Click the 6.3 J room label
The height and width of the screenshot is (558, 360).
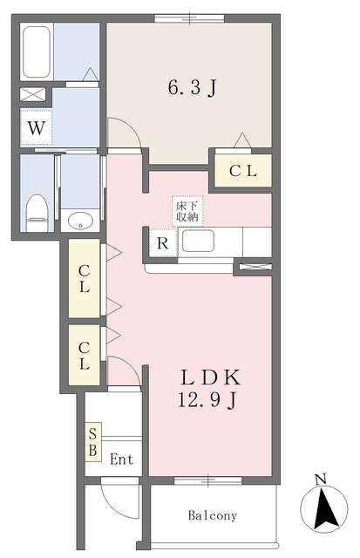click(191, 87)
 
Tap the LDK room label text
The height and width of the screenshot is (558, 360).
click(210, 378)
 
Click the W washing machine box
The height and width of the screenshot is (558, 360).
click(36, 128)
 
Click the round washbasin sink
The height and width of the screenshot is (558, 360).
click(80, 220)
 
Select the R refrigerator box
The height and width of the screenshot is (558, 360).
click(161, 244)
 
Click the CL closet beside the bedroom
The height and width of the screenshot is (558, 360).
click(242, 172)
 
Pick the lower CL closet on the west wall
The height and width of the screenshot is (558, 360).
click(85, 356)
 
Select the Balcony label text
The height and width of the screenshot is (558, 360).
click(213, 515)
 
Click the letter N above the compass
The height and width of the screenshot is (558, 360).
click(320, 479)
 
